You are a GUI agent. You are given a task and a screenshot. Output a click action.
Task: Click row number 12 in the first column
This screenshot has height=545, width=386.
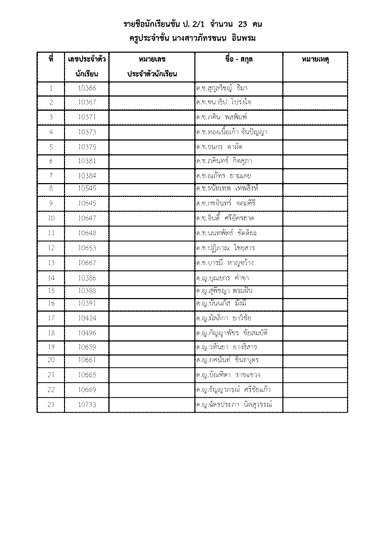(x=51, y=247)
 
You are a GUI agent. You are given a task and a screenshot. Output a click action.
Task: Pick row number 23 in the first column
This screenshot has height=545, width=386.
(x=51, y=405)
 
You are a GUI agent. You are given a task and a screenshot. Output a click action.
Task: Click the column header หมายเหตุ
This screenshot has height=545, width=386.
(x=315, y=60)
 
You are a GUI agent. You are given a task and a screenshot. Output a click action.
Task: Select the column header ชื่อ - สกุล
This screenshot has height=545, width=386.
(x=238, y=60)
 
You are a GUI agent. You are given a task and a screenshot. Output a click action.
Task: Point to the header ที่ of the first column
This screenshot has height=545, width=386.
(x=51, y=60)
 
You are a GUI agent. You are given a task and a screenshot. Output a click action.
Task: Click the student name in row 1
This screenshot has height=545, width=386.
(x=220, y=87)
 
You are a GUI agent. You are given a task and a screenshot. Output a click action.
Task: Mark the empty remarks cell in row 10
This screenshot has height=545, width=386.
(x=315, y=218)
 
